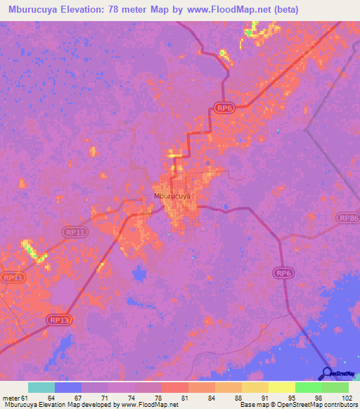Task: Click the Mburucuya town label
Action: click(x=172, y=197)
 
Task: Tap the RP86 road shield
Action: click(x=349, y=219)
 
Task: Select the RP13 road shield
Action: click(x=59, y=320)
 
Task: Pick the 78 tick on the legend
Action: click(x=157, y=398)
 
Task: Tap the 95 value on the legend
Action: click(x=291, y=398)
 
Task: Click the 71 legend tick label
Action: click(x=104, y=398)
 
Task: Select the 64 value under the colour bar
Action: click(x=51, y=398)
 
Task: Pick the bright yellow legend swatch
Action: click(x=282, y=387)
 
